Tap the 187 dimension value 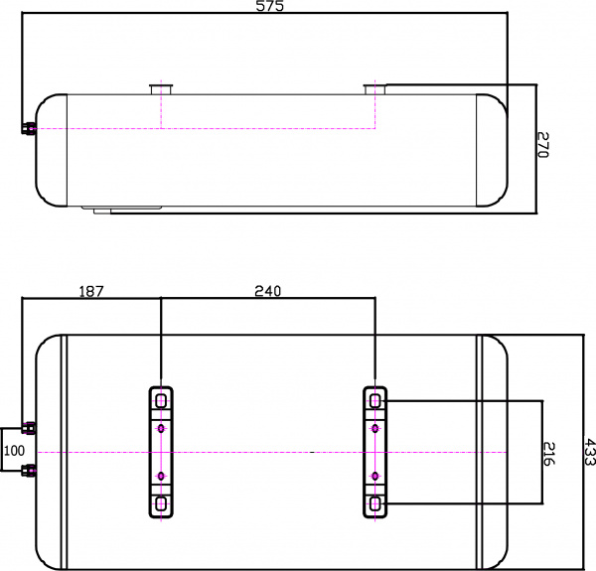click(x=90, y=291)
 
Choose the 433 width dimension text click(x=589, y=453)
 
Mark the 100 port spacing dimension click(x=13, y=450)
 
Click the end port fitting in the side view click(x=29, y=128)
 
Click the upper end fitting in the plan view click(x=30, y=428)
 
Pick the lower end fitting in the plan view click(x=30, y=470)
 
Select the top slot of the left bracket click(x=161, y=400)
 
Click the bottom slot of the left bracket click(x=161, y=503)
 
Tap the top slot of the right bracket click(x=374, y=400)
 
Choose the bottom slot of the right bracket click(x=374, y=503)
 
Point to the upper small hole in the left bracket click(x=161, y=428)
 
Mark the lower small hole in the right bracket click(x=374, y=477)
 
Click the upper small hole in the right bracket click(x=374, y=428)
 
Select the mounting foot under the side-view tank click(x=127, y=210)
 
